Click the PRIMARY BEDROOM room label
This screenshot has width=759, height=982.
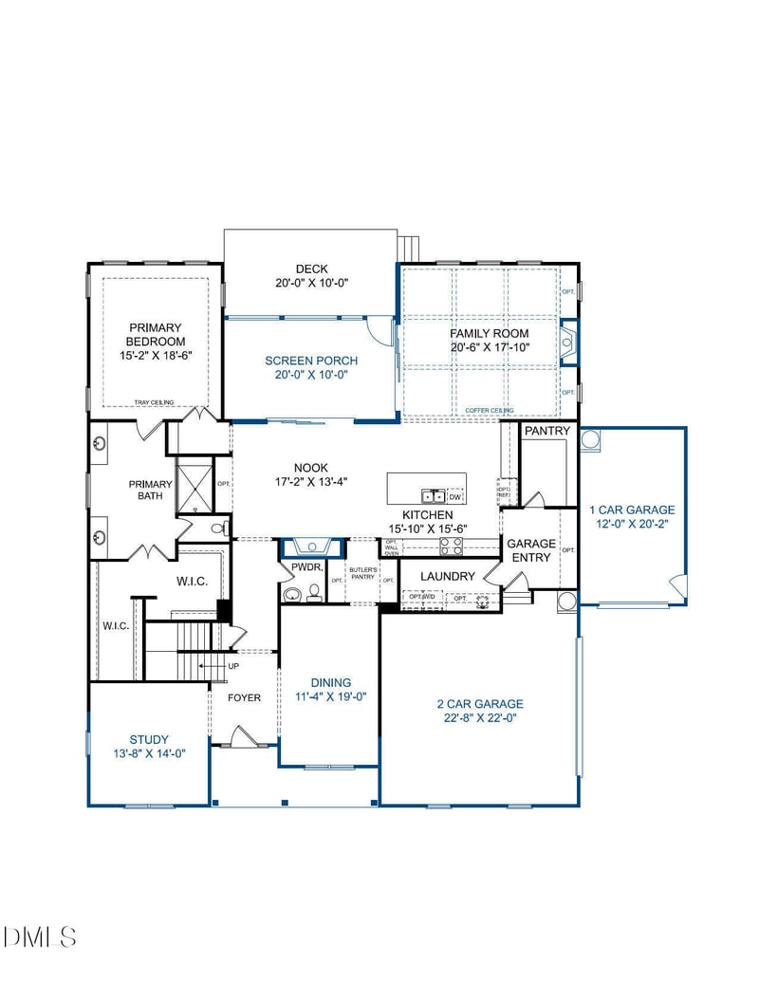(x=155, y=334)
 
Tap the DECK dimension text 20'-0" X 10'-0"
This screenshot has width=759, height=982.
(x=310, y=283)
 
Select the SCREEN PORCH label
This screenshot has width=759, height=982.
(x=310, y=361)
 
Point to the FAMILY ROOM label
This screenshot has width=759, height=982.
(x=489, y=334)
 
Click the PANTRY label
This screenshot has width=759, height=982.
(x=547, y=431)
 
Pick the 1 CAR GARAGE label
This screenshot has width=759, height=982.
(x=632, y=510)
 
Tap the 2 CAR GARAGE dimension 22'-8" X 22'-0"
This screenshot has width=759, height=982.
(x=479, y=717)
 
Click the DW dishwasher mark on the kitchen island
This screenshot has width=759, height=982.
(x=455, y=496)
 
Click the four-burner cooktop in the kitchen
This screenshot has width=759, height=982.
(x=450, y=546)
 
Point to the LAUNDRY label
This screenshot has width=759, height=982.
(x=447, y=576)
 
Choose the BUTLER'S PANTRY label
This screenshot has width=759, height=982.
(x=364, y=573)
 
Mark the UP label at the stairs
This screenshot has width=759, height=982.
(x=233, y=666)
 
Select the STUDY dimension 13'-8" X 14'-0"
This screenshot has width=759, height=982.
(x=149, y=753)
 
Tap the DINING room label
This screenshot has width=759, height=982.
(x=330, y=682)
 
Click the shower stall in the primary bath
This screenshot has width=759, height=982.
(x=195, y=486)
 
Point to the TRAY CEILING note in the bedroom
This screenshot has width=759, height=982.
(x=154, y=401)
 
